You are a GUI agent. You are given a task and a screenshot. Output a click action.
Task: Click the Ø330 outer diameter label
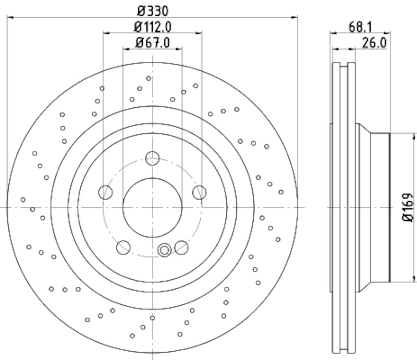(152, 10)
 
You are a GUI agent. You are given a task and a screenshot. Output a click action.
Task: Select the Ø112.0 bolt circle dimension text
(153, 27)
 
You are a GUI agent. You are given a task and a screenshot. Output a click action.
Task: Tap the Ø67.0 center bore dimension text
(153, 43)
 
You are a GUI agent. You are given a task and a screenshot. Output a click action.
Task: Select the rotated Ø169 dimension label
(408, 207)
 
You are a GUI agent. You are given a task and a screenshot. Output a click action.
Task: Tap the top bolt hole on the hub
(152, 158)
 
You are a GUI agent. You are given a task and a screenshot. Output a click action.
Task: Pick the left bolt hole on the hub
(105, 192)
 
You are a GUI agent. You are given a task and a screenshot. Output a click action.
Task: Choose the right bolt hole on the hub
(199, 192)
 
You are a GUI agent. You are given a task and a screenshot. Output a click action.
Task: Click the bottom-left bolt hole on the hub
(123, 247)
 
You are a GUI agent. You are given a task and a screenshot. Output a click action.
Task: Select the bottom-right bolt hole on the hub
(181, 247)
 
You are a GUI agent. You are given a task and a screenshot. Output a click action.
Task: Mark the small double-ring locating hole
(165, 251)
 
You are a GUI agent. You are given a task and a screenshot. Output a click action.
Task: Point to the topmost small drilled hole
(149, 78)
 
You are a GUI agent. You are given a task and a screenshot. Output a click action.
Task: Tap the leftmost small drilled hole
(23, 199)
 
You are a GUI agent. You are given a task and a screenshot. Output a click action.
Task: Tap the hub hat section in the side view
(373, 207)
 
